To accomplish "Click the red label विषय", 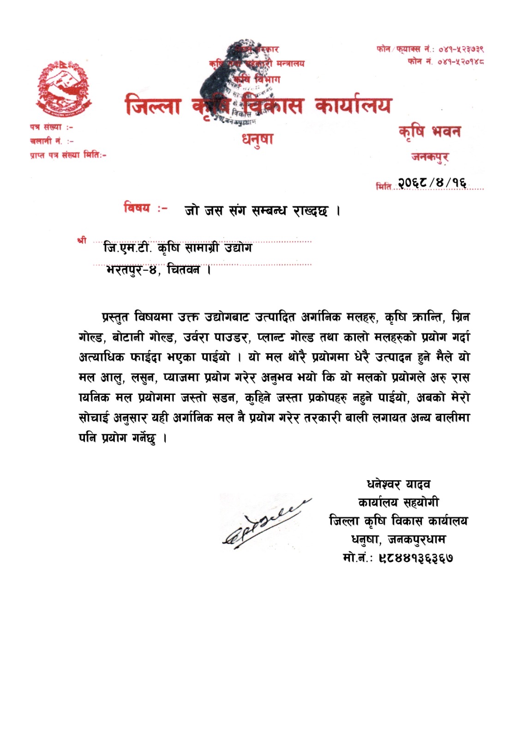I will [137, 208].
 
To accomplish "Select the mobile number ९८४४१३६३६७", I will [415, 558].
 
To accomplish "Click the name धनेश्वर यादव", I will [399, 484].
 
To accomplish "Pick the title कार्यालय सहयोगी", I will [398, 502].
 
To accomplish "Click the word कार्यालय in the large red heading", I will [353, 106].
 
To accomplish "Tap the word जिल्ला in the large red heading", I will [153, 106].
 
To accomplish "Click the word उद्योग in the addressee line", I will [238, 248].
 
